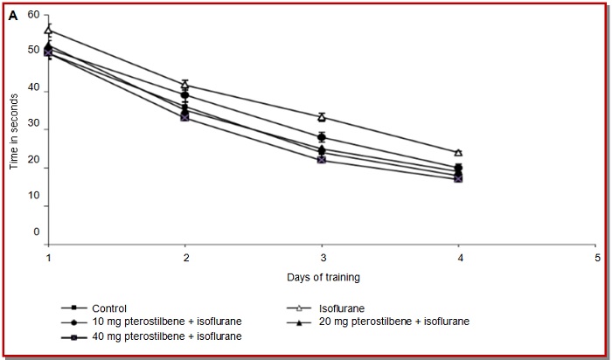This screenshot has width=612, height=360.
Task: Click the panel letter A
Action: point(13,16)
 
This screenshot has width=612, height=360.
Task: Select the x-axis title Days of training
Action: point(322,278)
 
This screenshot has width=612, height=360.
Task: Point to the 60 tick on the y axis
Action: point(33,15)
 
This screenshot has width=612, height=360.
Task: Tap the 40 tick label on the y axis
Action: point(33,91)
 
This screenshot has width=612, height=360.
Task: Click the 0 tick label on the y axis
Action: point(37,232)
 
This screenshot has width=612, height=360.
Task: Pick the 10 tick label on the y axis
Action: point(33,206)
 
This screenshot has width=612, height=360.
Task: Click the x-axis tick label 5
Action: point(597,260)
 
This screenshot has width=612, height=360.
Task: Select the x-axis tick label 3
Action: point(323,260)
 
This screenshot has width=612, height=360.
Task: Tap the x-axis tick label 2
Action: point(185,260)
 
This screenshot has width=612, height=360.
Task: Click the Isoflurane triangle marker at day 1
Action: point(49,31)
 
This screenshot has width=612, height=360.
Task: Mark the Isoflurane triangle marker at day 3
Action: point(322,117)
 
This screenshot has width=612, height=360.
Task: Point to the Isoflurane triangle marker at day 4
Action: point(458,153)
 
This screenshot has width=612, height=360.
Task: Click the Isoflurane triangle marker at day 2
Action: point(185,85)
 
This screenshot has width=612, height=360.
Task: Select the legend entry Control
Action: point(109,308)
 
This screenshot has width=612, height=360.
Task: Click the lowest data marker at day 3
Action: point(322,160)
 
